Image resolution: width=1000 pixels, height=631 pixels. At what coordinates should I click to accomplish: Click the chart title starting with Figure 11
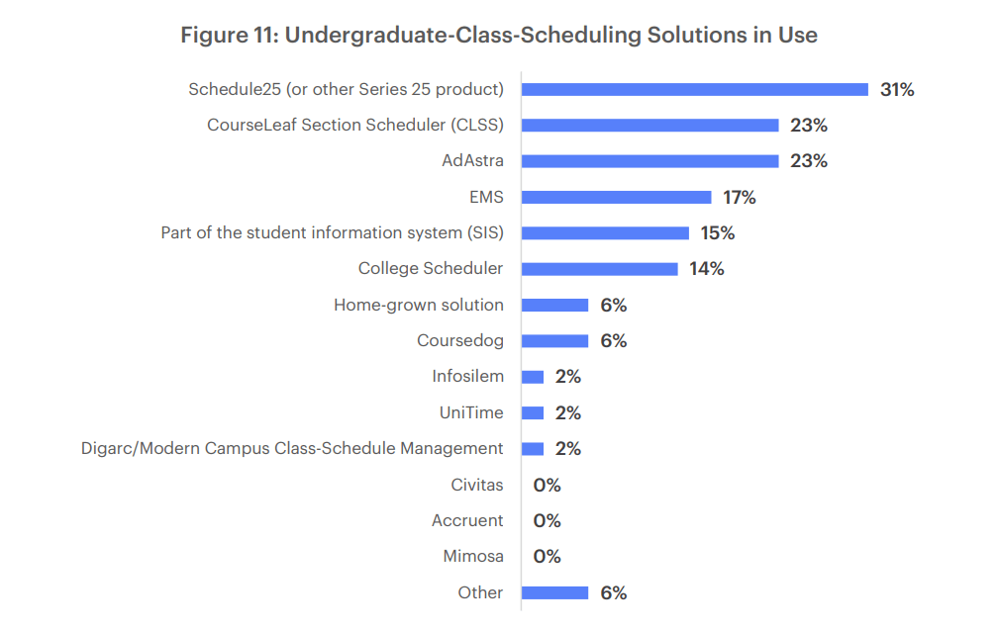[x=499, y=36]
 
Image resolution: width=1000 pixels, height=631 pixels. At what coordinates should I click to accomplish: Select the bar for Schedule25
[x=694, y=89]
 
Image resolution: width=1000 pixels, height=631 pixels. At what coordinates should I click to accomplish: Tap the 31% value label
[x=896, y=90]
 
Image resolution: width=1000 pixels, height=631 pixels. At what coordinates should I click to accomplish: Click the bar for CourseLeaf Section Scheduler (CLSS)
[x=650, y=126]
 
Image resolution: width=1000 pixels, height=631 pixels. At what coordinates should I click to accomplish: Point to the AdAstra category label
[x=472, y=161]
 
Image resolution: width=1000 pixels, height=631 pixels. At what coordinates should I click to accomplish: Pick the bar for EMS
[x=616, y=197]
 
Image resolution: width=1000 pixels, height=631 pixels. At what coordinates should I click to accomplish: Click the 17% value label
[x=739, y=198]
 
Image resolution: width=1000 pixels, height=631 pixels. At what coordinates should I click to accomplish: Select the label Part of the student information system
[x=332, y=233]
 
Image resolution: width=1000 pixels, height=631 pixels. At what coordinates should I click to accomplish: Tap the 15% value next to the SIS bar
[x=717, y=233]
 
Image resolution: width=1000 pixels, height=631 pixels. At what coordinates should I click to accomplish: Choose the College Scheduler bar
[x=599, y=269]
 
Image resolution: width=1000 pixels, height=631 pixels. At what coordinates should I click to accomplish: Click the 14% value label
[x=706, y=269]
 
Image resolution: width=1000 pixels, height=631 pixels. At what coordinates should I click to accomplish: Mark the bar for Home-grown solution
[x=554, y=305]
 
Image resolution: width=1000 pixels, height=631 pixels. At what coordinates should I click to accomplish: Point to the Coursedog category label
[x=459, y=341]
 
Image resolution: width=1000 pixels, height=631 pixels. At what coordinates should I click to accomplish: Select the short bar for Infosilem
[x=533, y=377]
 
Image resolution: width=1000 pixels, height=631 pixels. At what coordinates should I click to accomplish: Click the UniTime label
[x=470, y=412]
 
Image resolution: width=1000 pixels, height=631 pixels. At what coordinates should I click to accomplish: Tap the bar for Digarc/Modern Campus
[x=533, y=449]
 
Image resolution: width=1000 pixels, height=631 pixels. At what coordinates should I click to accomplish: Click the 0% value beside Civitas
[x=547, y=486]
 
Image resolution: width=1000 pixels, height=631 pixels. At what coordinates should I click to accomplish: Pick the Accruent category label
[x=466, y=520]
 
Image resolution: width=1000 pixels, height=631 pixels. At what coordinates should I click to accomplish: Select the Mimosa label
[x=472, y=557]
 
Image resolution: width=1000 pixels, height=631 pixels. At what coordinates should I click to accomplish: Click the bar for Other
[x=554, y=592]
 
